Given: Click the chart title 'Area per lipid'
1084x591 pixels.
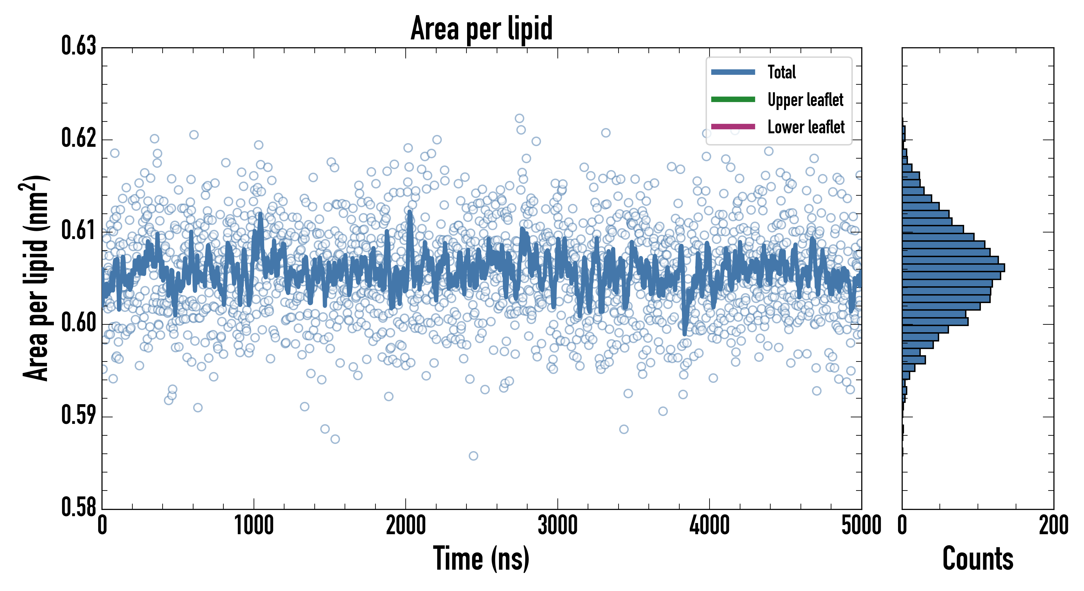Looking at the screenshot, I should (x=482, y=28).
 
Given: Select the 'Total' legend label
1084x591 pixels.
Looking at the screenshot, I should (x=781, y=72).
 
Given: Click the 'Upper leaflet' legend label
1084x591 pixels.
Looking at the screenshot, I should (x=805, y=100).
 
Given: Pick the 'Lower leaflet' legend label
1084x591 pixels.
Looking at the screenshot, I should (x=806, y=127).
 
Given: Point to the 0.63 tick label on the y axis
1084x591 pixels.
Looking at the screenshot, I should (x=79, y=46).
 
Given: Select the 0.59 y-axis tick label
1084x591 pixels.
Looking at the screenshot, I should (x=79, y=415).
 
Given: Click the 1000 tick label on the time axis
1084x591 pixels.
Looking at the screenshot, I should (x=254, y=526).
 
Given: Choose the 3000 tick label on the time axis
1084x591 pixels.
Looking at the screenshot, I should (x=557, y=526).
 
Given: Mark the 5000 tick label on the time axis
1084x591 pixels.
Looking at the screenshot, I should (x=861, y=526).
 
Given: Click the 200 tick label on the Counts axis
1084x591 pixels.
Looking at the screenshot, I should (x=1053, y=526).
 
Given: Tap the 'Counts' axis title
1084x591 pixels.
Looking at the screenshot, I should (x=978, y=559).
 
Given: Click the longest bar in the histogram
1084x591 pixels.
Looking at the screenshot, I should (x=953, y=268).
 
